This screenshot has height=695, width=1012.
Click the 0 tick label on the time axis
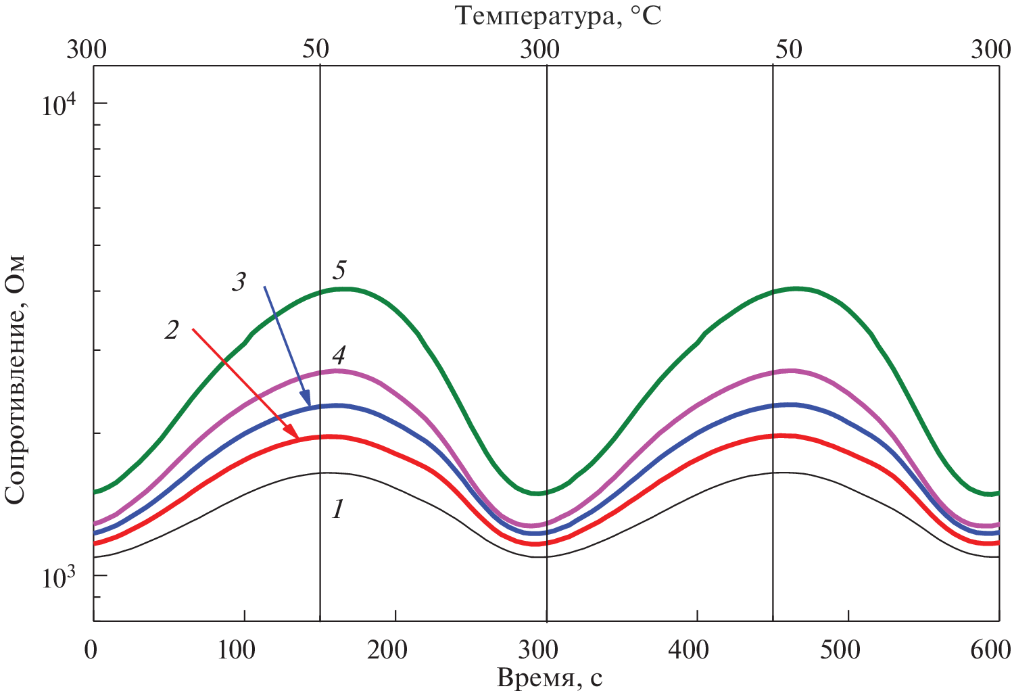[x=91, y=650]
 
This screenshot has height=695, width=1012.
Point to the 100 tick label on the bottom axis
[x=237, y=650]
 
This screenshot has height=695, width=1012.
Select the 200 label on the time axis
[x=388, y=650]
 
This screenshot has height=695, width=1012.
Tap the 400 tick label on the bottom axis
[x=690, y=650]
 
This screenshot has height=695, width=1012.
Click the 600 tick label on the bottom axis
[x=991, y=650]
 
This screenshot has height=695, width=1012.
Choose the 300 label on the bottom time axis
[x=539, y=650]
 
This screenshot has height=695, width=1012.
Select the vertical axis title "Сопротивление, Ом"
[x=15, y=379]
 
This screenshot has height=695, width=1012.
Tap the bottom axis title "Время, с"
[x=550, y=678]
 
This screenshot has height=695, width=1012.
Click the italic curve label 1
[x=338, y=508]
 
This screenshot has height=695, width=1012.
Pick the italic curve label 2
[x=172, y=330]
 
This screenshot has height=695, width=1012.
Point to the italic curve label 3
[x=239, y=281]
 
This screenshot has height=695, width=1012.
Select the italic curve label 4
[x=339, y=355]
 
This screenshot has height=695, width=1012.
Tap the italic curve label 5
[x=339, y=270]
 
